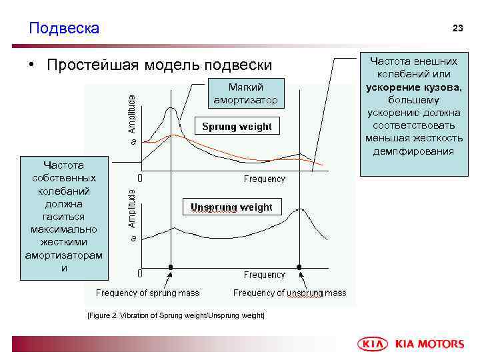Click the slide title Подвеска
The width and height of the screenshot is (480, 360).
pyautogui.click(x=64, y=28)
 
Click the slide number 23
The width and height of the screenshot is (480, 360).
pyautogui.click(x=457, y=28)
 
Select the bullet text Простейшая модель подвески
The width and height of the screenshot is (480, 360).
pyautogui.click(x=159, y=65)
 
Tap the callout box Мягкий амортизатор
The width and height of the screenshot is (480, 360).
pyautogui.click(x=245, y=94)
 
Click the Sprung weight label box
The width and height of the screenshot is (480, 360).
pyautogui.click(x=237, y=127)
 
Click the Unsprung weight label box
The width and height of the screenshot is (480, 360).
pyautogui.click(x=231, y=207)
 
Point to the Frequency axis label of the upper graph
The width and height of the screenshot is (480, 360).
pyautogui.click(x=264, y=179)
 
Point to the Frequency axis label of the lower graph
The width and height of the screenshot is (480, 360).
pyautogui.click(x=264, y=275)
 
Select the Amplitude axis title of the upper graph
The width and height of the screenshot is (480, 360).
pyautogui.click(x=132, y=112)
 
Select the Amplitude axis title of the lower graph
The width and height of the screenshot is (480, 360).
pyautogui.click(x=132, y=207)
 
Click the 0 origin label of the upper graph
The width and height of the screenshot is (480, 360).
pyautogui.click(x=139, y=179)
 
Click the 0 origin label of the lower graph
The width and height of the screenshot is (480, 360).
pyautogui.click(x=139, y=273)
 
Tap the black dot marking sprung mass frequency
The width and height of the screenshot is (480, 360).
pyautogui.click(x=171, y=267)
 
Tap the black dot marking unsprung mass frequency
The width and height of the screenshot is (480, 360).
pyautogui.click(x=299, y=267)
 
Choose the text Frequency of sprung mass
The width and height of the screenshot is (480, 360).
pyautogui.click(x=147, y=293)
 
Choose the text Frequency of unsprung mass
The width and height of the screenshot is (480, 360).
pyautogui.click(x=289, y=293)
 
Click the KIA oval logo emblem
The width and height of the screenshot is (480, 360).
pyautogui.click(x=373, y=344)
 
